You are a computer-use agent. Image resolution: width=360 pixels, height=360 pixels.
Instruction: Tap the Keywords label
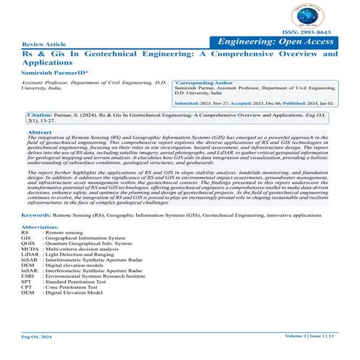click(36, 217)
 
